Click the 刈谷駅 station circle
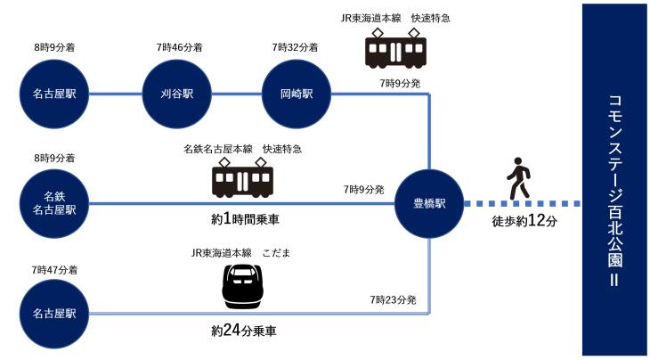pos(177,93)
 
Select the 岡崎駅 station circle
pos(297,93)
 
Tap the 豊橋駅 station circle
pos(429,203)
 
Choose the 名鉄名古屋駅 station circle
pos(53,203)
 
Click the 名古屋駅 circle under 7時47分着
pos(53,314)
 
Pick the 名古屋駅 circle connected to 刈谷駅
pos(53,93)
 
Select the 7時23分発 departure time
pos(393,300)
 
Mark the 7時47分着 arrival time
pos(53,268)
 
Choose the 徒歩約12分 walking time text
pos(524,222)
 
